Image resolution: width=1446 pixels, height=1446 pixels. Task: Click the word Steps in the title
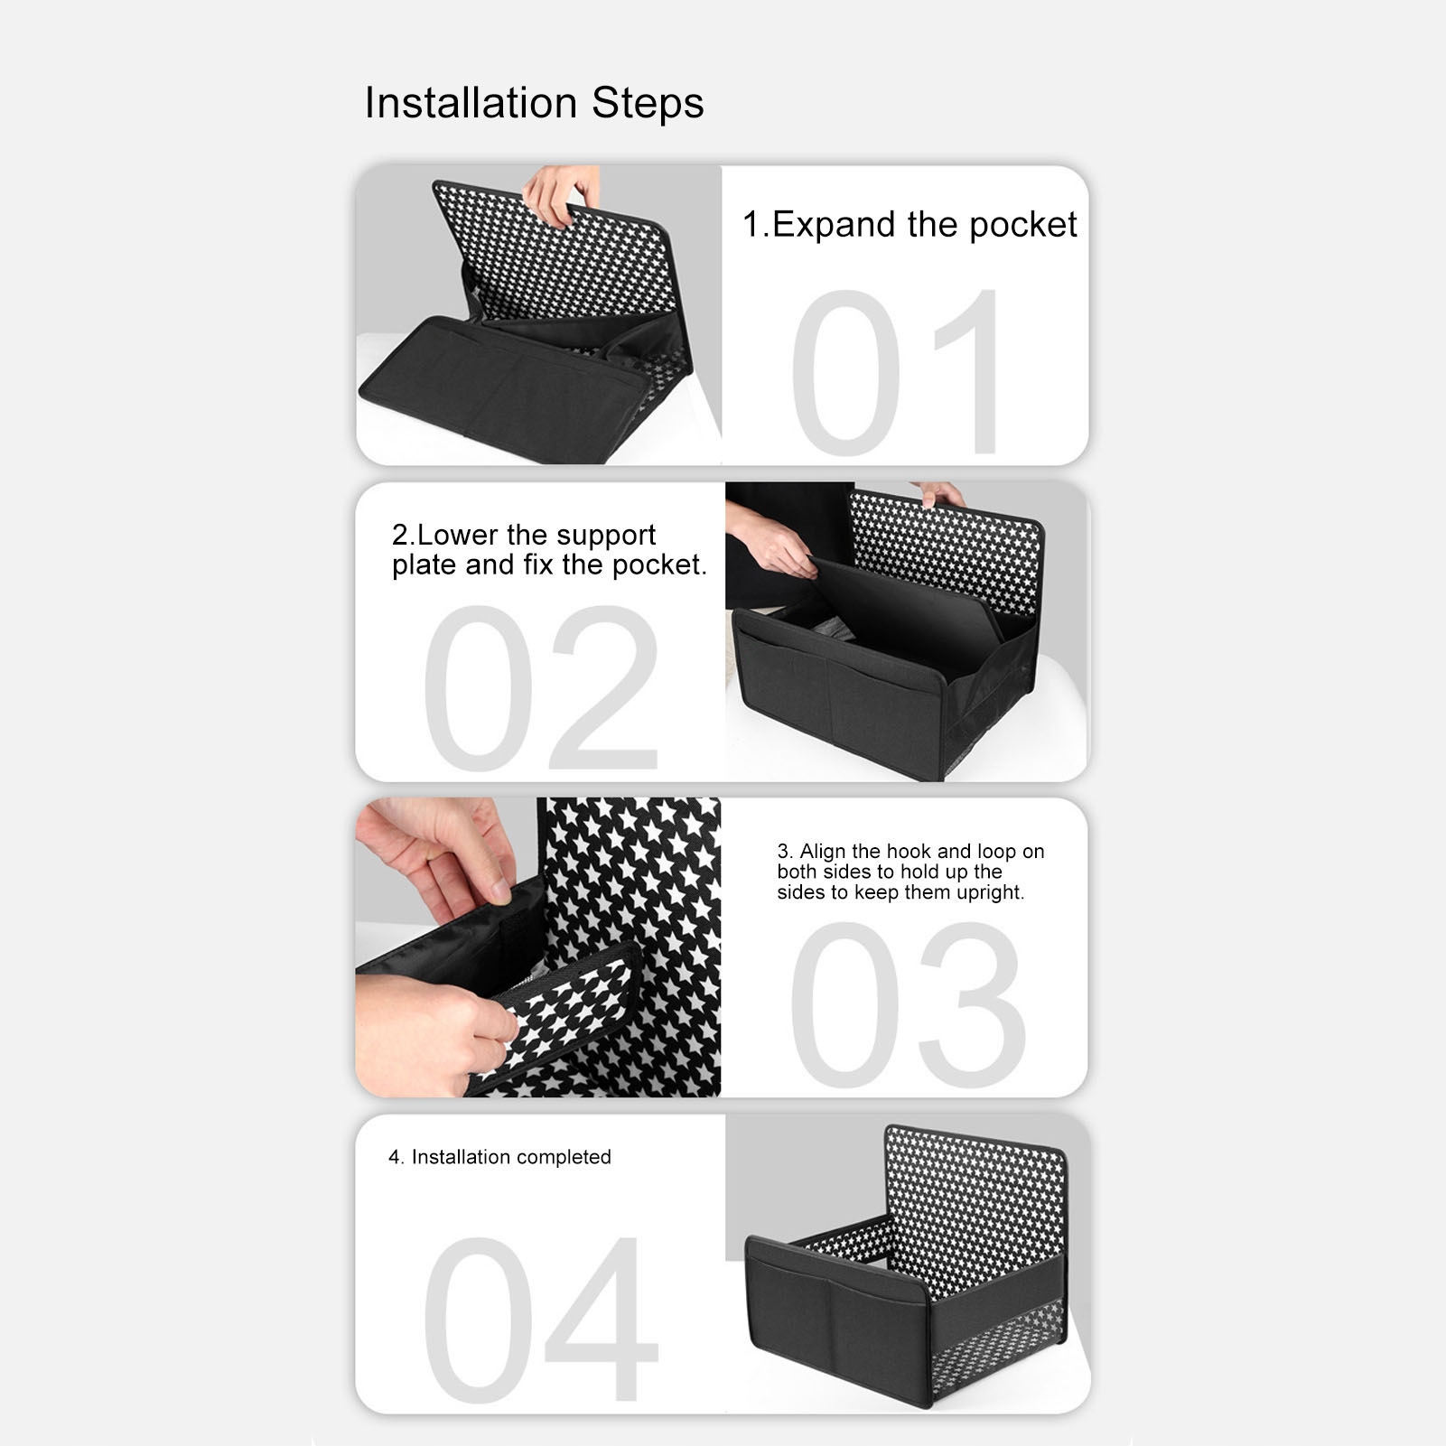[648, 103]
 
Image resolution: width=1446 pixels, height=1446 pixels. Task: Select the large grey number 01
[897, 372]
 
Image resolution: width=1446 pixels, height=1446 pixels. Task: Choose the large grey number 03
[908, 1003]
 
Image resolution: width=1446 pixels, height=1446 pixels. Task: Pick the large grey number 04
[540, 1320]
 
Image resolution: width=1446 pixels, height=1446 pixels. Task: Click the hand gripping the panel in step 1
[561, 194]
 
